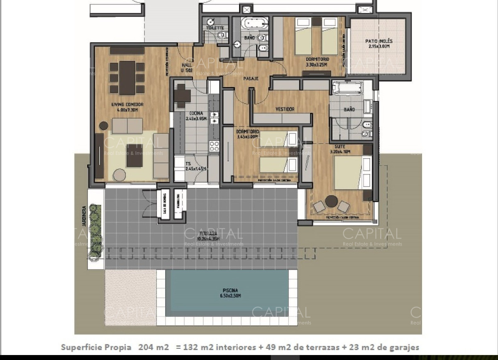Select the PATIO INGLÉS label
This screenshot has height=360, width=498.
click(378, 41)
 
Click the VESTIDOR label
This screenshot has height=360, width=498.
click(285, 109)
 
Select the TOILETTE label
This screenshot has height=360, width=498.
click(215, 28)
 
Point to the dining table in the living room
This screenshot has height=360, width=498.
click(127, 78)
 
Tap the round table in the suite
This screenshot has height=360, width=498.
click(331, 202)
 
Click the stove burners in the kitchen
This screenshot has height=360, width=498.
click(214, 146)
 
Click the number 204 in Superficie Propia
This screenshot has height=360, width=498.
click(148, 347)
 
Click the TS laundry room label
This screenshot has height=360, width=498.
click(188, 163)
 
